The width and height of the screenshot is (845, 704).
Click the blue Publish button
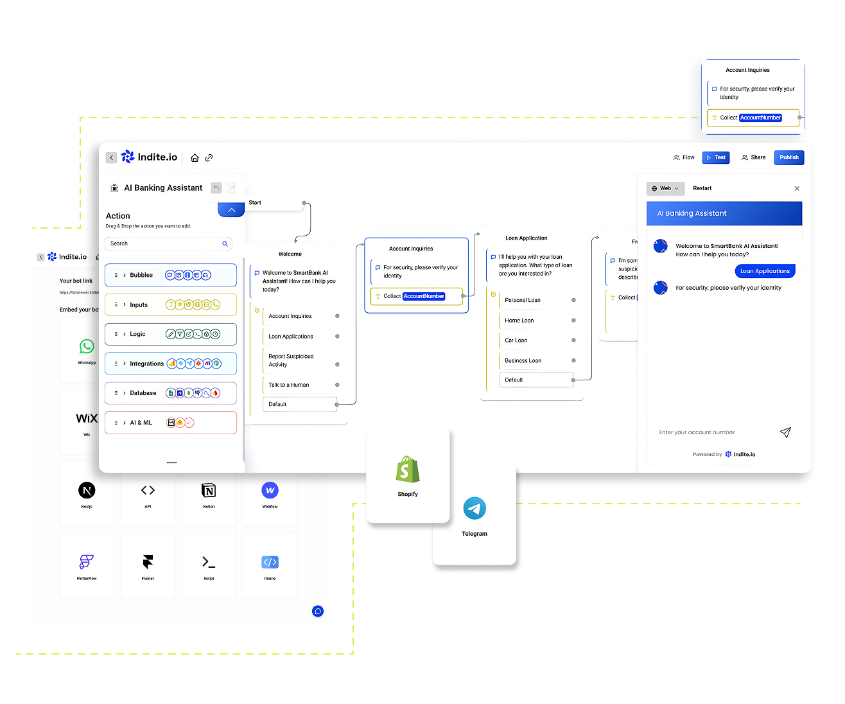coord(788,157)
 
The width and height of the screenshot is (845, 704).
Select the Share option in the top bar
coord(753,157)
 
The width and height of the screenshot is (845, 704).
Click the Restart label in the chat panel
coord(702,188)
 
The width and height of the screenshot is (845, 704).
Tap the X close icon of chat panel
coord(797,188)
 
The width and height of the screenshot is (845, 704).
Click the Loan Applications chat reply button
coord(765,271)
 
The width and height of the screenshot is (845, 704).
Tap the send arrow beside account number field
coord(785,432)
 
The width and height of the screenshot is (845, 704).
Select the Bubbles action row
coord(171,275)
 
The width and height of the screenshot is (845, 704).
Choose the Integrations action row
coord(171,364)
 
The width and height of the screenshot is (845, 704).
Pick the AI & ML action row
coord(171,423)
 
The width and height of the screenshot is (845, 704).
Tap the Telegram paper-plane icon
coord(475,509)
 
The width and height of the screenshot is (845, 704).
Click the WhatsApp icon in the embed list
coord(87,347)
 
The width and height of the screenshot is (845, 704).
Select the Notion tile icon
coord(209,491)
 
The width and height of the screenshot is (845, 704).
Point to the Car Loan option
coord(516,340)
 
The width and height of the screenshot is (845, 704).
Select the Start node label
coord(255,203)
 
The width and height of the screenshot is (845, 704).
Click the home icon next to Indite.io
coord(195,157)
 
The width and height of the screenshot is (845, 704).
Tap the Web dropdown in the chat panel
coord(665,188)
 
